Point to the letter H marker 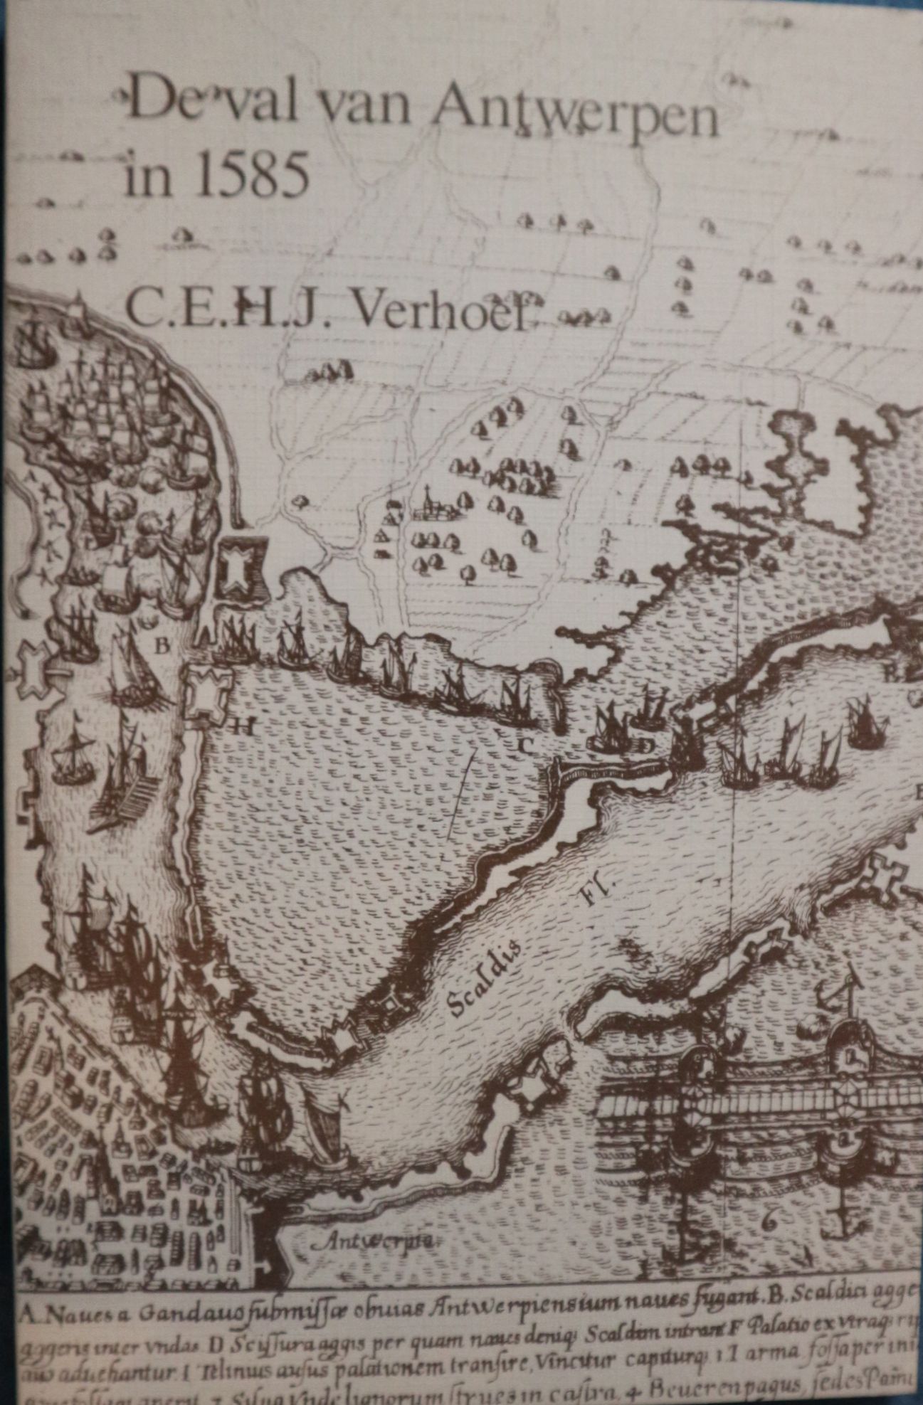pos(243,726)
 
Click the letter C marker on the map pos(525,745)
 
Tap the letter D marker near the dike pos(645,745)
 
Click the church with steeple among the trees pos(429,504)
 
